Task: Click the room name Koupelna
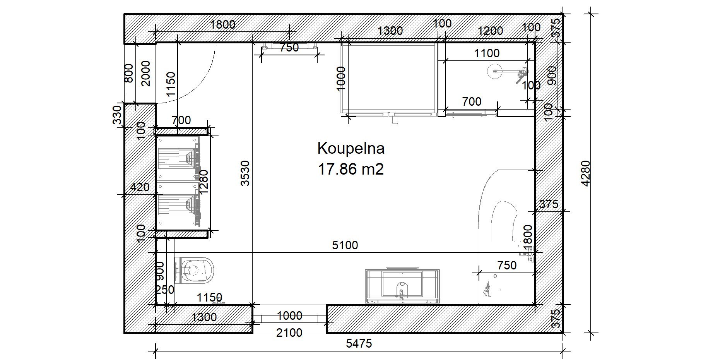click(x=351, y=149)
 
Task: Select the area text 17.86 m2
click(x=351, y=170)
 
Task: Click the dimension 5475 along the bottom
click(x=359, y=343)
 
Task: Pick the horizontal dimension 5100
click(x=345, y=245)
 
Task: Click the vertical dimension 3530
click(x=246, y=173)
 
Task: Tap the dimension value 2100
click(x=289, y=333)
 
